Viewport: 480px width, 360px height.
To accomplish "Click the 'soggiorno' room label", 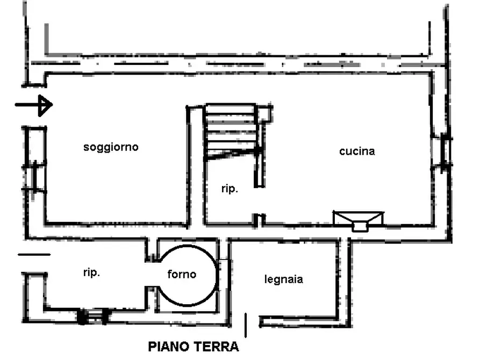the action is click(111, 148).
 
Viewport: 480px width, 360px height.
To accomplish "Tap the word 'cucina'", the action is click(357, 151).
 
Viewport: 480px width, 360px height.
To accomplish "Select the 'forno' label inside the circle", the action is click(182, 274).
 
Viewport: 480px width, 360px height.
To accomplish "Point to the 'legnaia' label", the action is click(284, 279).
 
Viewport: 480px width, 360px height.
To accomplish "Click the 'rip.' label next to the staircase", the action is click(230, 189).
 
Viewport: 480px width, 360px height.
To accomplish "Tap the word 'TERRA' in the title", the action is click(216, 347).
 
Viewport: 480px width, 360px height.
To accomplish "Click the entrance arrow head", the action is click(45, 105).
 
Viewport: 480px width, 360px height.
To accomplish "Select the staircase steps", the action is click(230, 131).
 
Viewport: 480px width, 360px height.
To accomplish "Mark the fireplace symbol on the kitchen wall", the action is click(358, 220).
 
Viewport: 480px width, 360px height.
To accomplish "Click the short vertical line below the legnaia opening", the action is click(246, 325).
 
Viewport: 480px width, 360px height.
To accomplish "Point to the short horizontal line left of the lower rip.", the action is click(34, 254).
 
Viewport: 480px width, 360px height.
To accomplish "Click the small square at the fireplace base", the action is click(360, 227).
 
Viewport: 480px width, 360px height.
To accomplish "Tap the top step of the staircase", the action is click(230, 109).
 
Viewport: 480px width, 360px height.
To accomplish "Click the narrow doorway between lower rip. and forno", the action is click(152, 274).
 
